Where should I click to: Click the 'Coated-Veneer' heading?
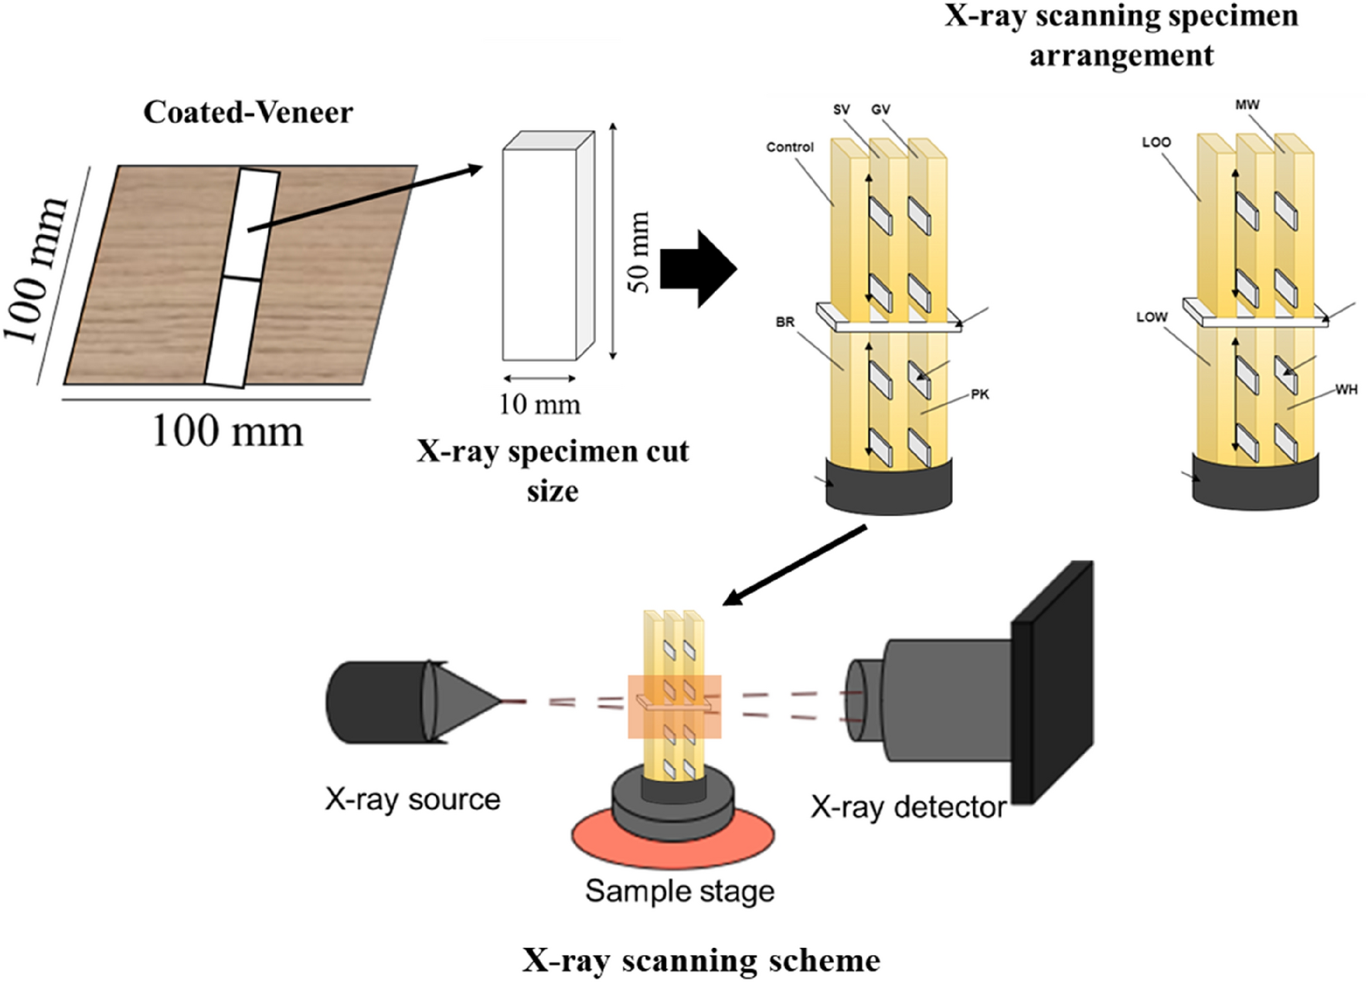248,113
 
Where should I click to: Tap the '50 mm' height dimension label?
639,252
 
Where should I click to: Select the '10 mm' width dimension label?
539,404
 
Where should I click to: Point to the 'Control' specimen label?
790,147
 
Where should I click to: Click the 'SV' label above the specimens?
842,110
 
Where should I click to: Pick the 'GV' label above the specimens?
880,110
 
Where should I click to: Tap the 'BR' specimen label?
784,322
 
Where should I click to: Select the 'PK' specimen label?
979,394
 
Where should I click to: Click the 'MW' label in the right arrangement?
1247,104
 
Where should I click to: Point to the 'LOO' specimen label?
1155,142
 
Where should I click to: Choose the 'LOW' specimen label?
1152,317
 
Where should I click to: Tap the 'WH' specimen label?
1346,390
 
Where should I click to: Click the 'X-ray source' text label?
412,799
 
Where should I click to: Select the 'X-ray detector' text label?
908,807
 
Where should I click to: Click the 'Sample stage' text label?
679,891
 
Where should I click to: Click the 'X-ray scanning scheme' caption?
701,960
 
